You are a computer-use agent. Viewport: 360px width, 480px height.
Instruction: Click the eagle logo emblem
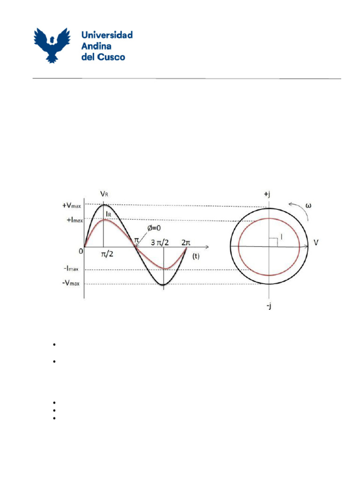tap(52, 45)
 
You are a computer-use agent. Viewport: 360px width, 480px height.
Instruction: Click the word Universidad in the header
tap(107, 35)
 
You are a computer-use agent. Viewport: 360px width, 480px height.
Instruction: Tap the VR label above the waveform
tap(105, 193)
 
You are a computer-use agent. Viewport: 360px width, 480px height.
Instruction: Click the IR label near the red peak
tap(108, 213)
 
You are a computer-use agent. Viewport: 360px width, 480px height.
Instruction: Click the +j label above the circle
tap(268, 193)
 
